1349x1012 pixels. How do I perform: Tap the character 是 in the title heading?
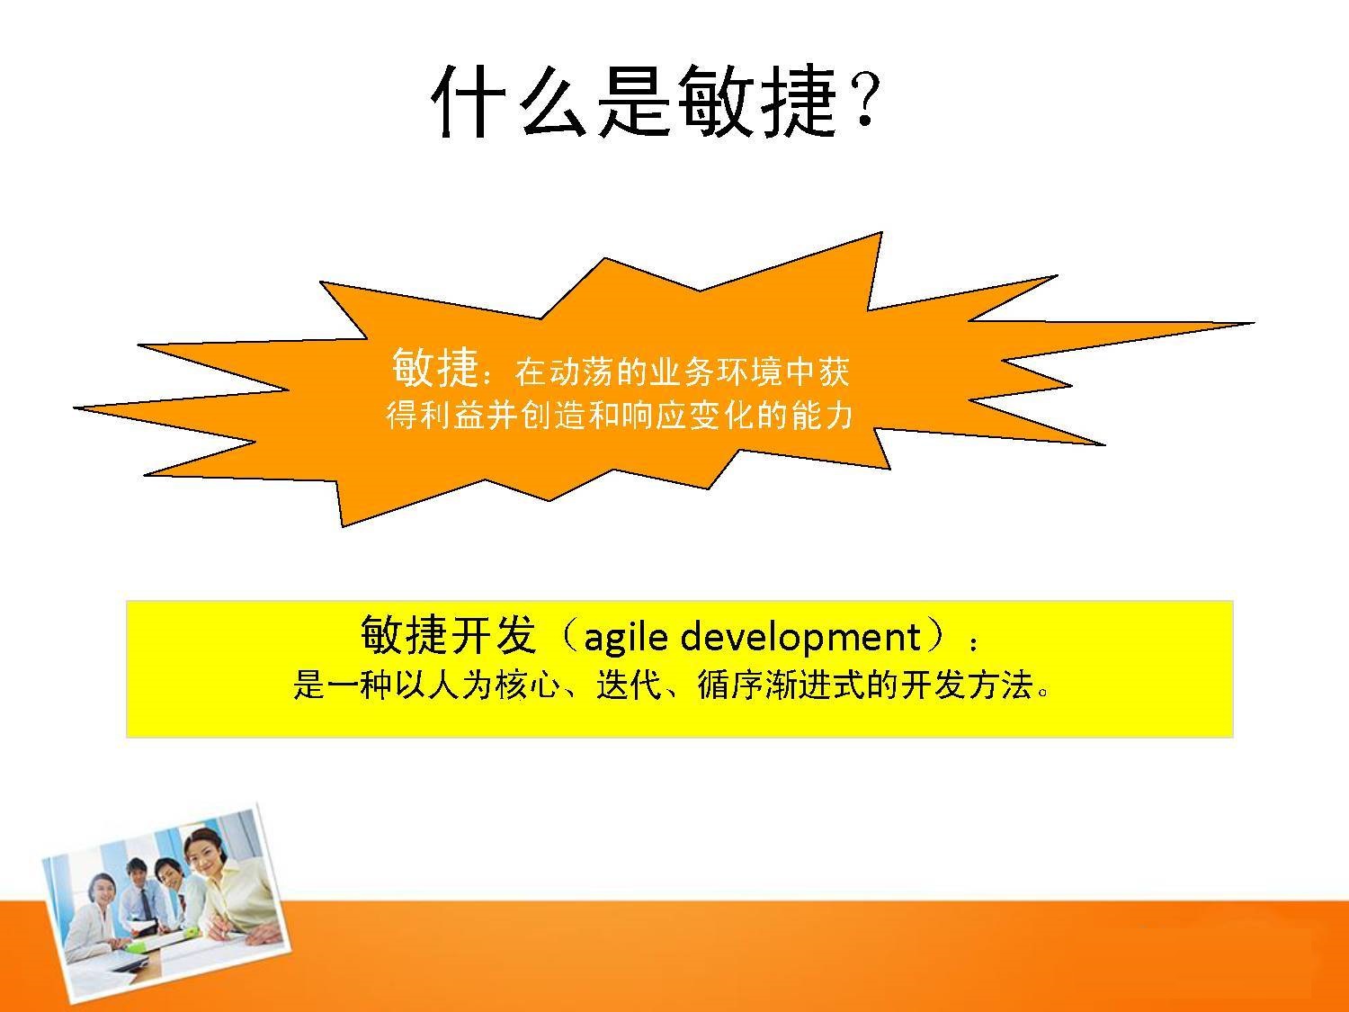[x=634, y=102]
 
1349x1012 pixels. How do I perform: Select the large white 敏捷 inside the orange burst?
[x=434, y=367]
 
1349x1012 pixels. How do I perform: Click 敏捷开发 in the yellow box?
[x=448, y=634]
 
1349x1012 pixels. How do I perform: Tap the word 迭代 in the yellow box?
[x=629, y=685]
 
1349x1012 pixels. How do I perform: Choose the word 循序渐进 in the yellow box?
[x=764, y=685]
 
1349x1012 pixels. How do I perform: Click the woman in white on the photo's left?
[x=98, y=922]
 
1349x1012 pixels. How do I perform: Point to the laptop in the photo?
[x=132, y=964]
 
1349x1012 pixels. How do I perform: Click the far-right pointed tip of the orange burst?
[x=1253, y=323]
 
